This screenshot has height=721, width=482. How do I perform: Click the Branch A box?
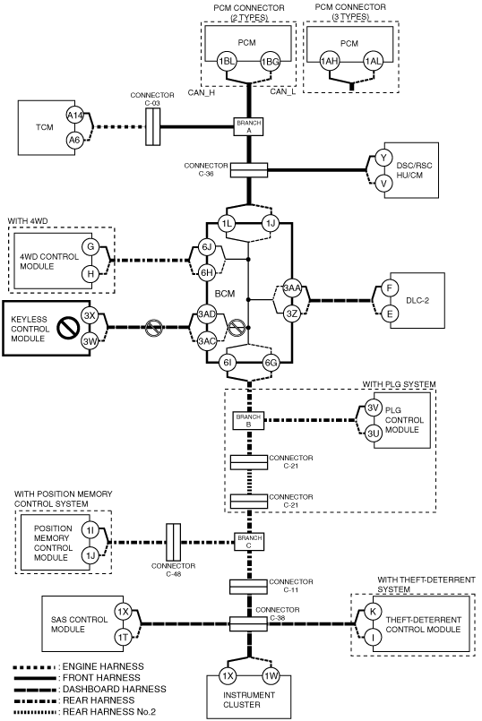tap(248, 126)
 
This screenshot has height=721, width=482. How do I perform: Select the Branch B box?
tap(248, 420)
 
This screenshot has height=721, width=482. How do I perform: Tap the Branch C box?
tap(249, 541)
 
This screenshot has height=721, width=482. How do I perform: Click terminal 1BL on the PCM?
tap(227, 61)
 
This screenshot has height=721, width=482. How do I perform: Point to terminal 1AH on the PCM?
tap(330, 62)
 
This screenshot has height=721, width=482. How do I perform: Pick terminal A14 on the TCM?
tap(74, 116)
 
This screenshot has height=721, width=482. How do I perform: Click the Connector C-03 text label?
tap(152, 99)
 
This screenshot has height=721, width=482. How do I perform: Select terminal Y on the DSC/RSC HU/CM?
tap(383, 158)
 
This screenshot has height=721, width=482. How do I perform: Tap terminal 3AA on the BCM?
tap(291, 288)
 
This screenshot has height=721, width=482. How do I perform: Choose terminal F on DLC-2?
tap(390, 288)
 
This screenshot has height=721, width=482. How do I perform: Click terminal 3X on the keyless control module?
tap(90, 315)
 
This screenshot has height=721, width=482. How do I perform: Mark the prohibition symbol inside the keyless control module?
tap(68, 329)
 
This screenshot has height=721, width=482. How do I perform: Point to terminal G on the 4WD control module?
tap(90, 247)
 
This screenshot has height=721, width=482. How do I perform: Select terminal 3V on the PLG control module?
tap(373, 408)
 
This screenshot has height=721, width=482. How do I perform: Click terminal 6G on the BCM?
tap(271, 363)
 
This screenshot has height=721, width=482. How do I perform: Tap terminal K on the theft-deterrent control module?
tap(373, 612)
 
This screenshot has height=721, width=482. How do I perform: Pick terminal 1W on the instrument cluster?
tap(271, 676)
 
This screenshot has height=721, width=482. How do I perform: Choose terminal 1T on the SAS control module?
tap(123, 637)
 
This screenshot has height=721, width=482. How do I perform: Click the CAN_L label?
tap(282, 91)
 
